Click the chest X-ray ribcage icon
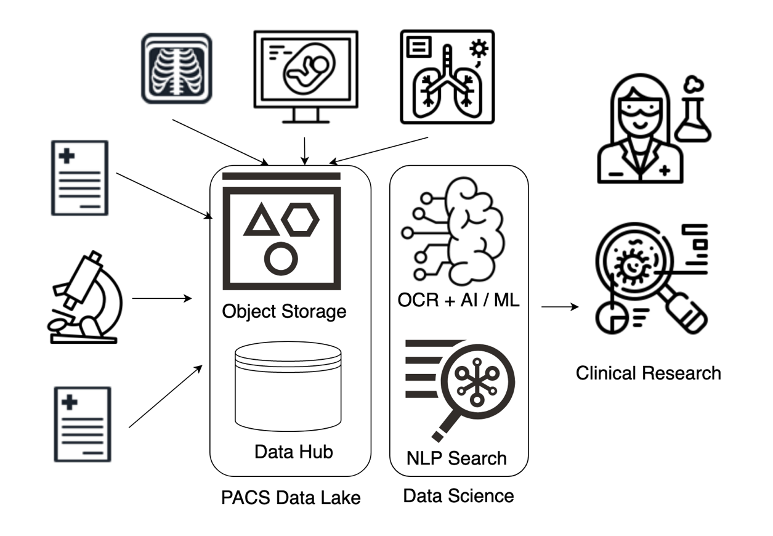pos(177,68)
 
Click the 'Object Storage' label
pos(284,311)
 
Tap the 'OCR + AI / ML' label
pos(459,301)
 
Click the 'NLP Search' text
pos(456,458)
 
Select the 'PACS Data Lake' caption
pos(291,498)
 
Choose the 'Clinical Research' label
pos(648,373)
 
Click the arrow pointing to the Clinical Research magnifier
pos(560,306)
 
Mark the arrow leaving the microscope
pos(162,299)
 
